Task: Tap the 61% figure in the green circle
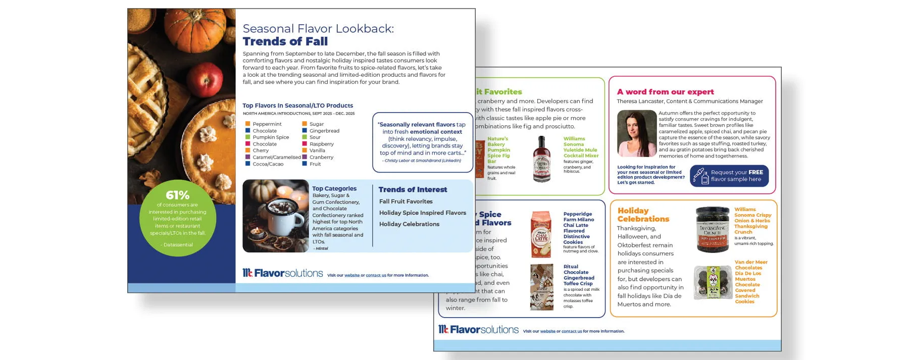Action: tap(178, 195)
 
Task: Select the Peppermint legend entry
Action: tap(267, 124)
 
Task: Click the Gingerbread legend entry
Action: tap(324, 131)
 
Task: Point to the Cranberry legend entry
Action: tap(321, 157)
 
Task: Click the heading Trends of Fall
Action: tap(285, 41)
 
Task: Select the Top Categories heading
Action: tap(334, 188)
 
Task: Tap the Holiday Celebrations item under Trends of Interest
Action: tap(409, 224)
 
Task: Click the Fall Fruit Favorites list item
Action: tap(406, 201)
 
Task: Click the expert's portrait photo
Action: tap(636, 134)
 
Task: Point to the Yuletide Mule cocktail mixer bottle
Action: tap(542, 159)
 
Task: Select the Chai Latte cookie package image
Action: tap(541, 235)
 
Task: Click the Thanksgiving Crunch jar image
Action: tap(712, 229)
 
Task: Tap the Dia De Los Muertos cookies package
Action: tap(713, 282)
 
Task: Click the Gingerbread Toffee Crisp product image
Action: tap(541, 287)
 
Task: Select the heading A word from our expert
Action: tap(665, 92)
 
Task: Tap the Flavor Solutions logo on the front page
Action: tap(283, 273)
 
